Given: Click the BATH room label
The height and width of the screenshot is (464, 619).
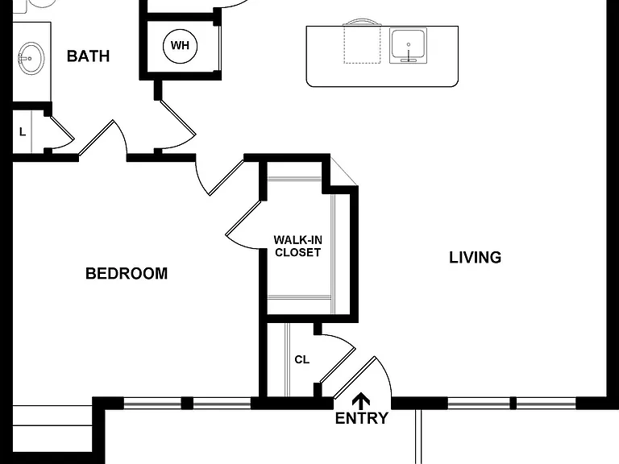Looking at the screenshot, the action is (88, 56).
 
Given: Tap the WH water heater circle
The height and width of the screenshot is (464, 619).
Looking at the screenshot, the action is (180, 46).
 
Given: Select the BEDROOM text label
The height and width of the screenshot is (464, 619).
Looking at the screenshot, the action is (127, 273).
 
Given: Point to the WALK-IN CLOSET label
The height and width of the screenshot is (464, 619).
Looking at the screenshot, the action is (297, 246).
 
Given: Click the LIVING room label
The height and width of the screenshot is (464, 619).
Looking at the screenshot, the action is (476, 257).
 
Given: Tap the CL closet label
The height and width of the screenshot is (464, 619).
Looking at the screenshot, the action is (302, 359).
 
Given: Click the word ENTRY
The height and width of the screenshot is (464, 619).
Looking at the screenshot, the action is (362, 418).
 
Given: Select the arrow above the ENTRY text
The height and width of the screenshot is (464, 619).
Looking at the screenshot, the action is (361, 401).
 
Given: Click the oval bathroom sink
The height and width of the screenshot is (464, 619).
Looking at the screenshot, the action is (31, 59).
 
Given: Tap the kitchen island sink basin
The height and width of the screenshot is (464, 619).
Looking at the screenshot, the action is (408, 45).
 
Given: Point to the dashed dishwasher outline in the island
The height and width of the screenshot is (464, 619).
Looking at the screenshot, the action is (362, 43).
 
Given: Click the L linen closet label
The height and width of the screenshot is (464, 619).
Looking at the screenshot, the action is (23, 132).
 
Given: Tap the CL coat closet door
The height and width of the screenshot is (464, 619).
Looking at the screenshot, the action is (338, 366).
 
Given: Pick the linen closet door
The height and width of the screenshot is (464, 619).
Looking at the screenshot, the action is (62, 128).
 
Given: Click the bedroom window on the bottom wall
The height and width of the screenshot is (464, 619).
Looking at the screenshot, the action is (187, 403).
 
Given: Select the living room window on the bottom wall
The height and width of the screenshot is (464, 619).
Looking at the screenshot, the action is (512, 403).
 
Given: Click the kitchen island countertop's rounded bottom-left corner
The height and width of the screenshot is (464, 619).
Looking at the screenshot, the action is (309, 83).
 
